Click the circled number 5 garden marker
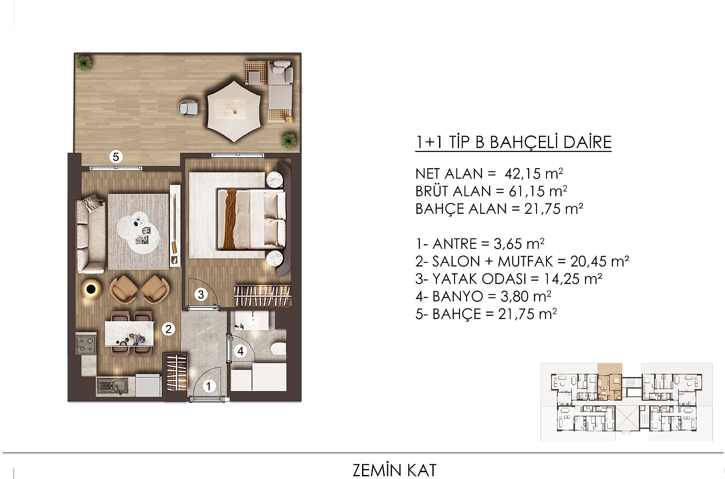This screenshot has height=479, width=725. click(x=116, y=157)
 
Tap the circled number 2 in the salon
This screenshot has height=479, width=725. click(x=168, y=329)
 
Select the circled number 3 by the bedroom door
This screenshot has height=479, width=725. click(x=201, y=295)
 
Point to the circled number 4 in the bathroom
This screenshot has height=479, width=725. click(x=241, y=351)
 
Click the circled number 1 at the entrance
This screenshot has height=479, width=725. click(x=209, y=386)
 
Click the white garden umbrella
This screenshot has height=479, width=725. click(x=234, y=111)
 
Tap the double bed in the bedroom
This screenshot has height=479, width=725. click(x=251, y=219)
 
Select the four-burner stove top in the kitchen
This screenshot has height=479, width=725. click(x=86, y=344)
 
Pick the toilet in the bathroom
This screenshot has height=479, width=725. click(x=278, y=349)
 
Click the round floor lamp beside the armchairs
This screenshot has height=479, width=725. click(x=91, y=289)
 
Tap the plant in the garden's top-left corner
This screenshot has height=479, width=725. click(x=84, y=63)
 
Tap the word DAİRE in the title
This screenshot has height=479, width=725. click(x=587, y=142)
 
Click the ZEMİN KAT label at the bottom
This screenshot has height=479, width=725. click(x=395, y=470)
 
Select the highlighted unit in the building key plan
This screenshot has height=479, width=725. click(x=610, y=382)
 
